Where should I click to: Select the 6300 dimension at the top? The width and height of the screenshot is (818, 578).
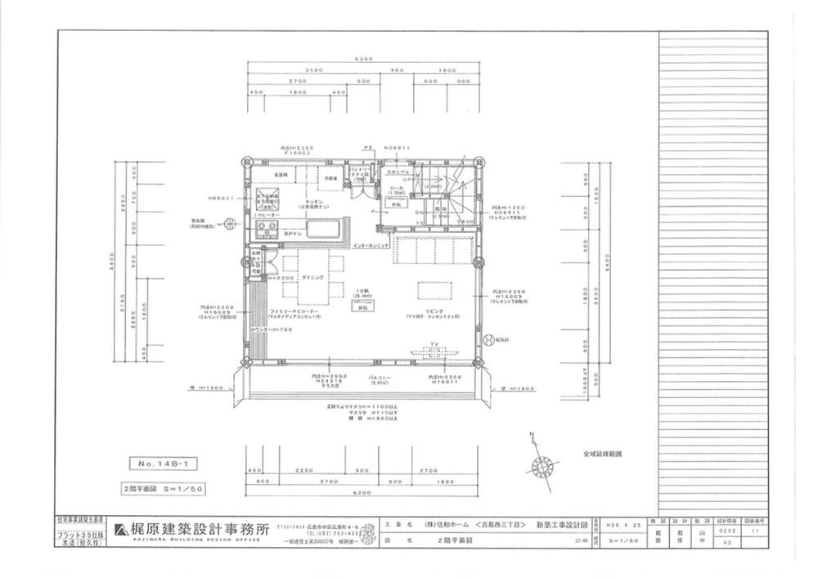[363, 59]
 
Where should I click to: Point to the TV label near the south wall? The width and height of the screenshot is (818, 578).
[436, 345]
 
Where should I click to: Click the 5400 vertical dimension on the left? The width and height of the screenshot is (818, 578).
[112, 266]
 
